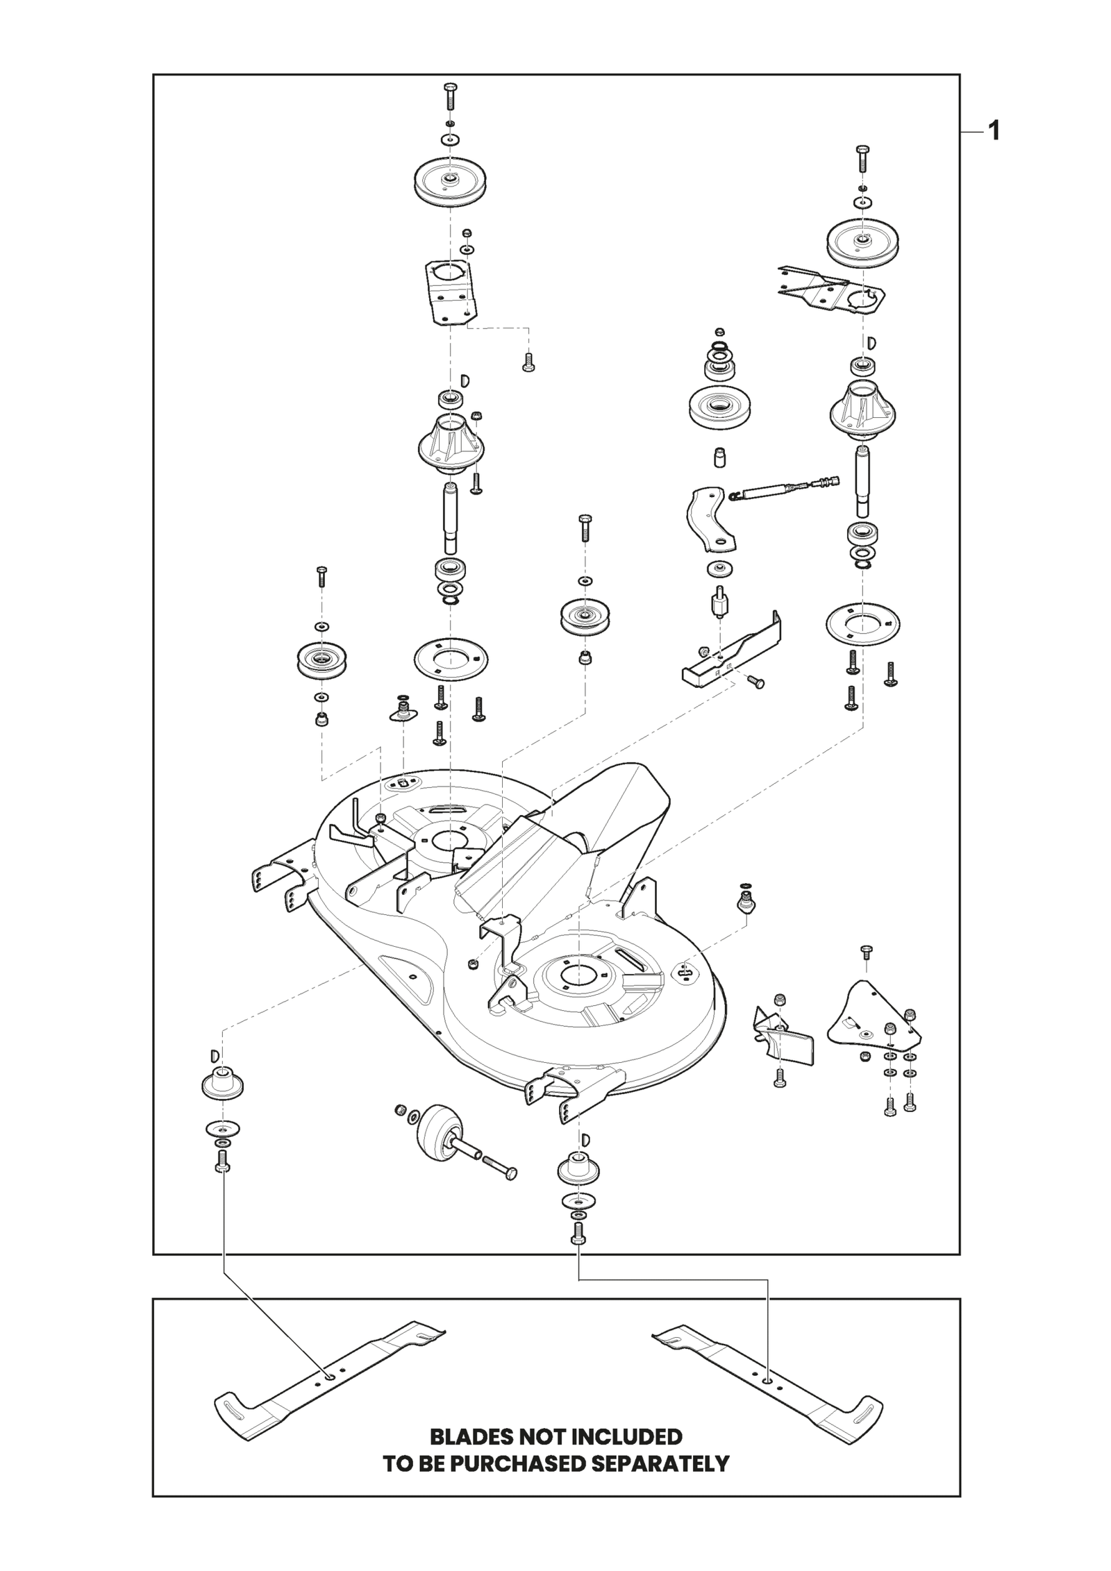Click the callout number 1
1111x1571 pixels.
pos(994,131)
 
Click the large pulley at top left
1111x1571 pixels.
pos(450,182)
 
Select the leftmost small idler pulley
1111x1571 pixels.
pos(321,660)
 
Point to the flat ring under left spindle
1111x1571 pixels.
pos(451,656)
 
